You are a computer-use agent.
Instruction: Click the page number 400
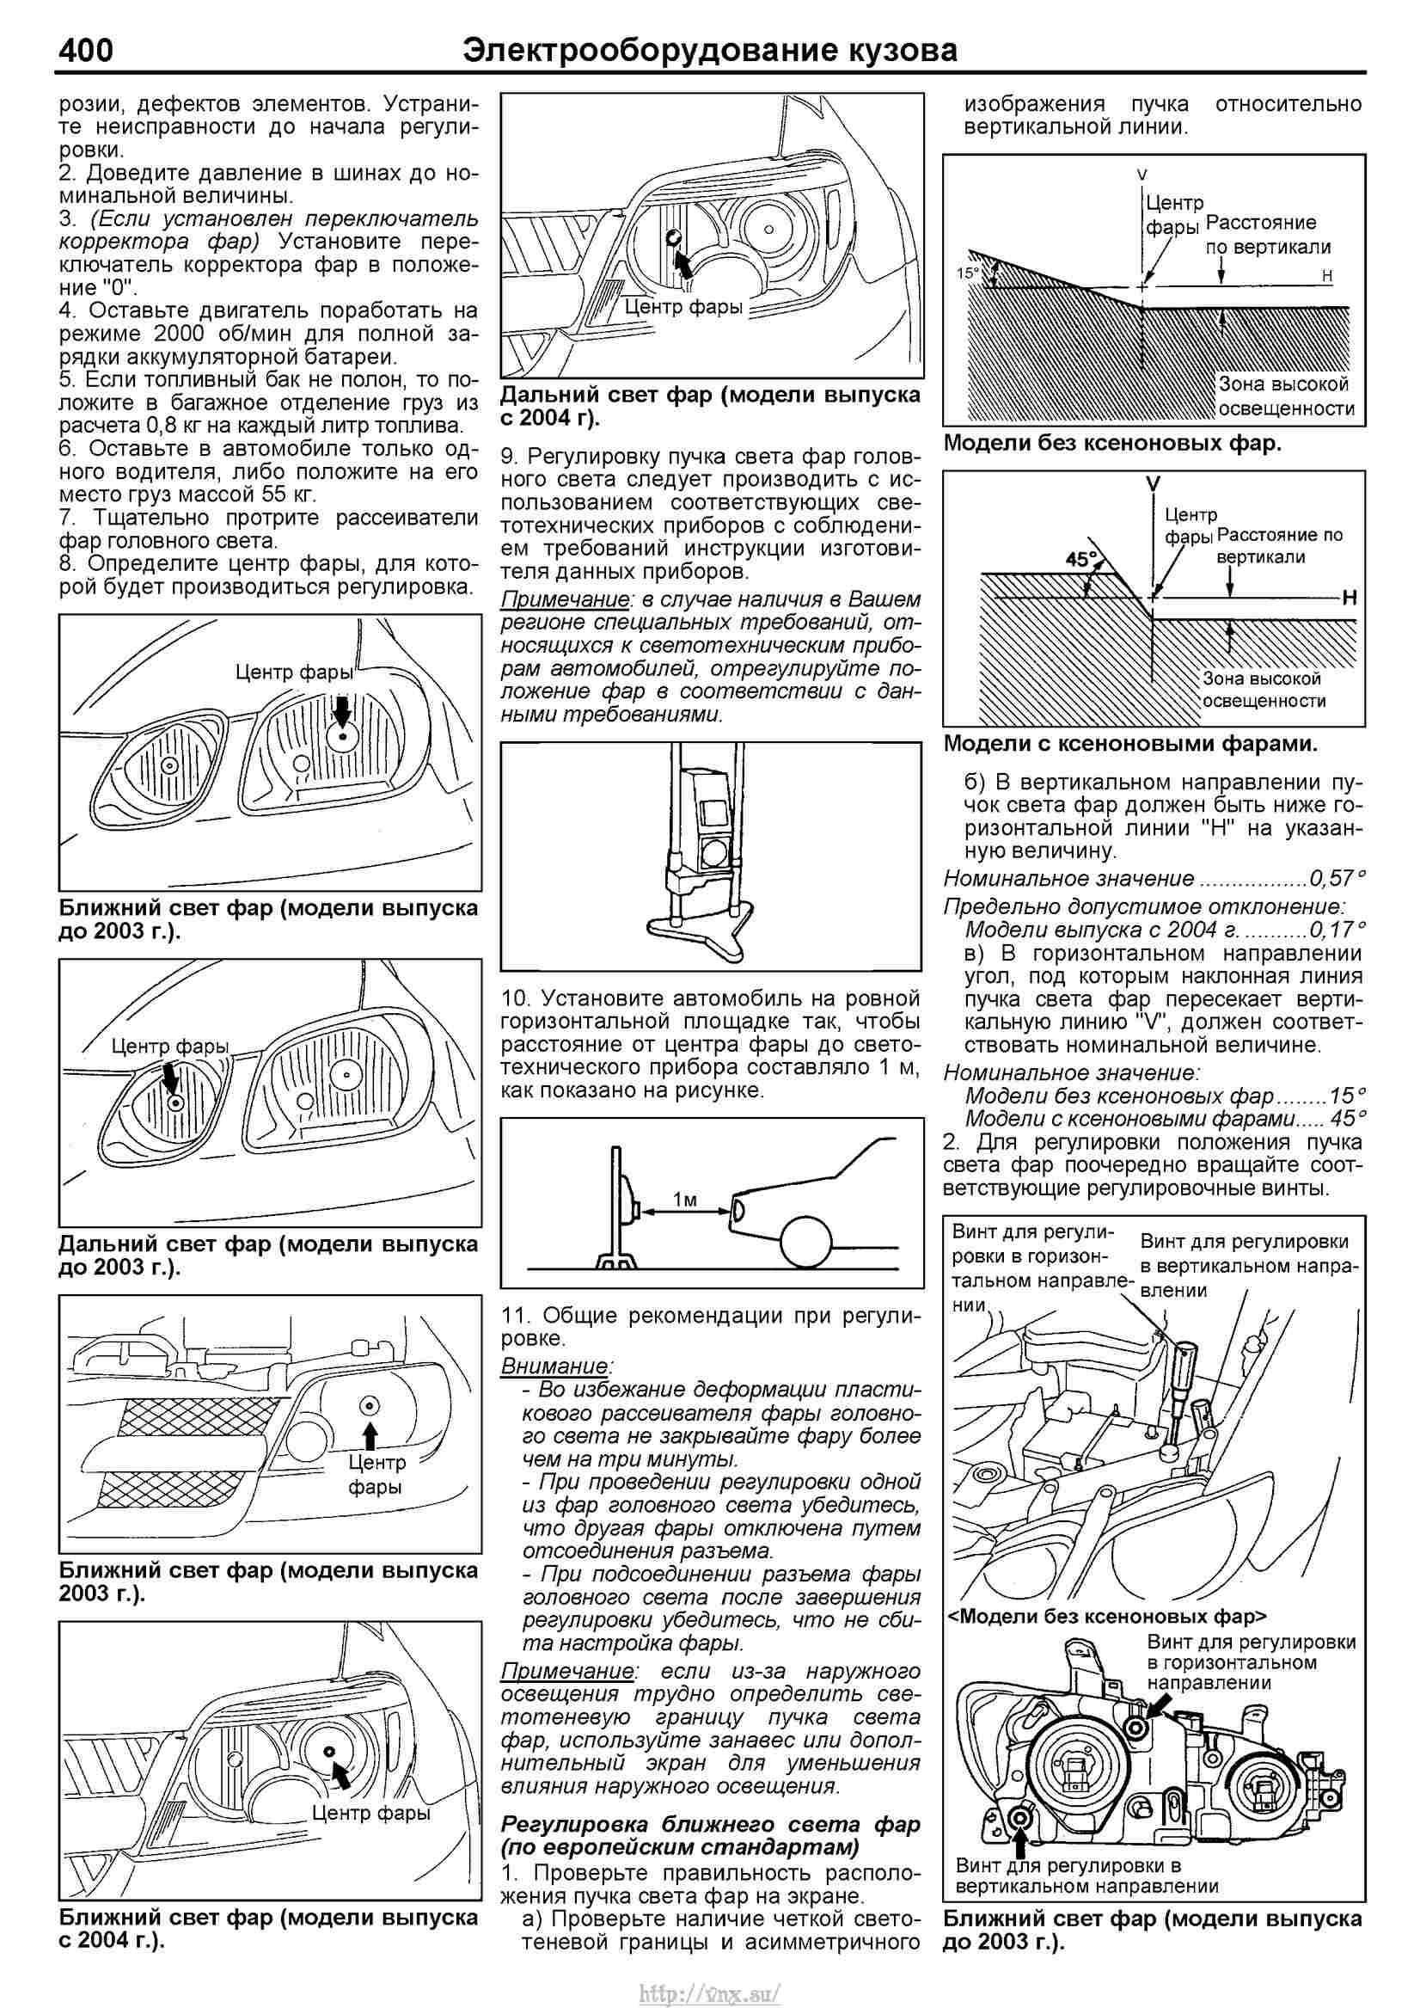[86, 50]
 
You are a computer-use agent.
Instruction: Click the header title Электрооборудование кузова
[709, 50]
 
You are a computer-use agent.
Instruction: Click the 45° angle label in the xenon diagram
[1082, 559]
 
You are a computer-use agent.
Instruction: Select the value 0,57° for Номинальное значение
[1336, 878]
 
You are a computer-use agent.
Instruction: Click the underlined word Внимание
[555, 1366]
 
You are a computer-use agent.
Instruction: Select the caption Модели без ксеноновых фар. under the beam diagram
[1112, 444]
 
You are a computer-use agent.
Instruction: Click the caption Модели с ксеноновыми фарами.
[1130, 744]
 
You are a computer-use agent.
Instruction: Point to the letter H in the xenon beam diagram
[1349, 599]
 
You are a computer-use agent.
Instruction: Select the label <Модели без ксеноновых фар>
[1107, 1616]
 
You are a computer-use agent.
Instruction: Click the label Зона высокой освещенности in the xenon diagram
[1264, 689]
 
